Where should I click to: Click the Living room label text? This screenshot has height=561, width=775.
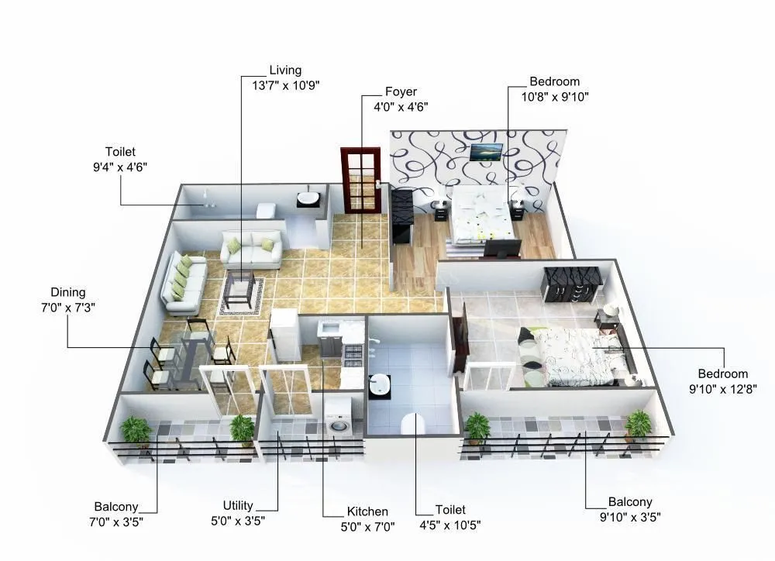click(x=284, y=70)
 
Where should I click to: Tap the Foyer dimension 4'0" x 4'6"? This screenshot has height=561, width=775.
click(x=401, y=106)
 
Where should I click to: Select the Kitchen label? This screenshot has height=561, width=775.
click(x=367, y=511)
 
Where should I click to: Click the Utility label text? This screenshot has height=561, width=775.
click(x=238, y=505)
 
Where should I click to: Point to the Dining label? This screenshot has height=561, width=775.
click(x=68, y=292)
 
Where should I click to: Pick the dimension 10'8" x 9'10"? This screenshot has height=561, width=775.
click(x=554, y=96)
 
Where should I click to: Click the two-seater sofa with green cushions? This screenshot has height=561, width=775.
click(x=250, y=250)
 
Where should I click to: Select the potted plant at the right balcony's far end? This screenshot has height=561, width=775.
click(x=638, y=424)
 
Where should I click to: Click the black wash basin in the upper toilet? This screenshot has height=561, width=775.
click(x=310, y=199)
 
